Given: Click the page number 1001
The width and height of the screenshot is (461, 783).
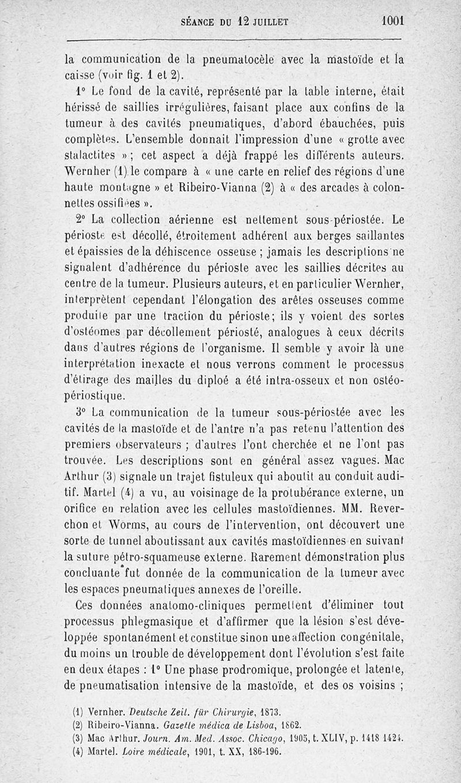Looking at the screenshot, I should [393, 21].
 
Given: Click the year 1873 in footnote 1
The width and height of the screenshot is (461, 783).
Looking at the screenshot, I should [266, 713].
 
